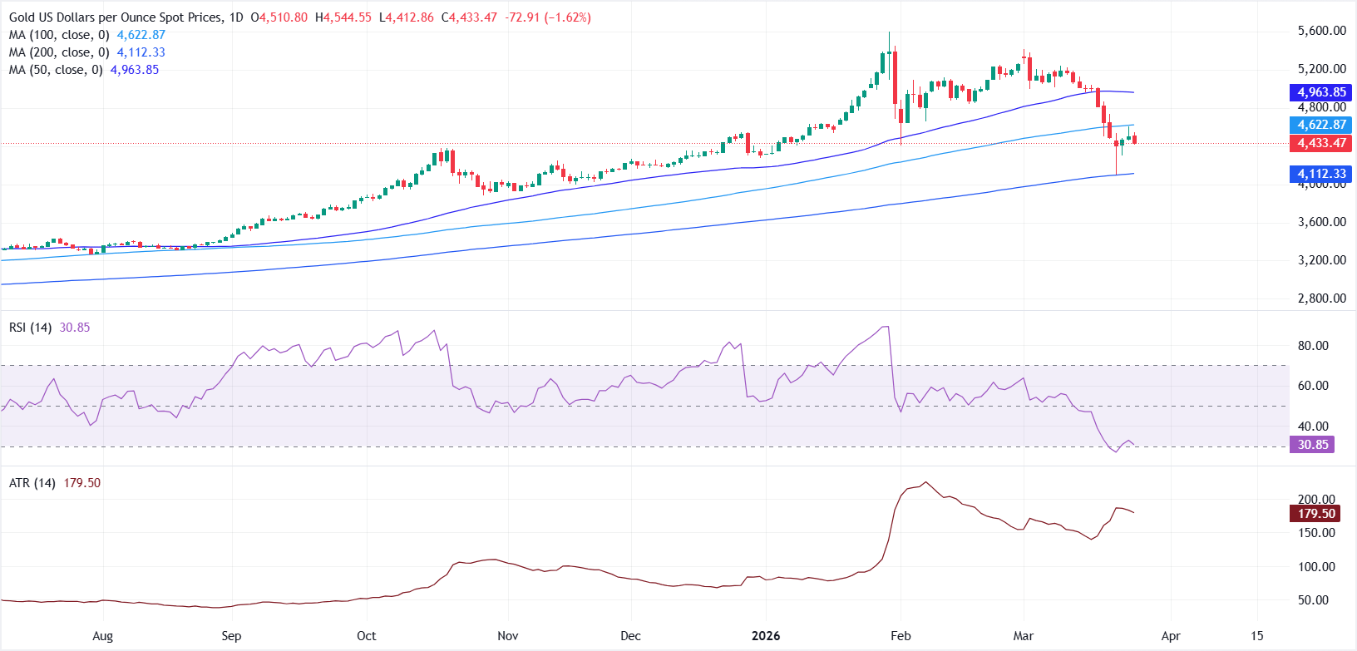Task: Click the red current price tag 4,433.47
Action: (x=1322, y=143)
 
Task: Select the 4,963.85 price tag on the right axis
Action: (x=1322, y=92)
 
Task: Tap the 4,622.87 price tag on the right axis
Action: (x=1322, y=125)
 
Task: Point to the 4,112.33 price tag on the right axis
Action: (x=1322, y=174)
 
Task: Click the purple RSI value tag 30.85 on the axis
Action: (x=1313, y=445)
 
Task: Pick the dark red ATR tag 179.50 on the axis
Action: (x=1316, y=514)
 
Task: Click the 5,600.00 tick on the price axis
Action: (x=1321, y=31)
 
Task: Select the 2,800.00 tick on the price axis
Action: (x=1321, y=298)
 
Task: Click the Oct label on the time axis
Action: (x=366, y=636)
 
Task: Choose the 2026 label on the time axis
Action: (x=766, y=636)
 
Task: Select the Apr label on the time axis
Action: (x=1171, y=636)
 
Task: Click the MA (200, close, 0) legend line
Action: (x=58, y=52)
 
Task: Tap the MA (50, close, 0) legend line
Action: (x=55, y=70)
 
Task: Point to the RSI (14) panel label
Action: (x=31, y=328)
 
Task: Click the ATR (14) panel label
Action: (x=32, y=483)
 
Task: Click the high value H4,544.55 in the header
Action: (x=343, y=17)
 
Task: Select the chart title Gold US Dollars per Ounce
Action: (x=116, y=17)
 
